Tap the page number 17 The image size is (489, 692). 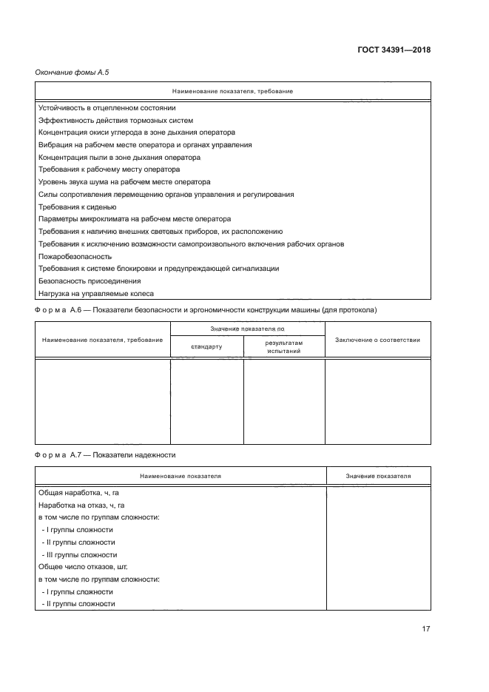[426, 629]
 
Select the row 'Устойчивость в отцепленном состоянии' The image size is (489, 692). [107, 107]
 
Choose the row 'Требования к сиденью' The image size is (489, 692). [77, 206]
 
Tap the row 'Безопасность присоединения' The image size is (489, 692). [89, 281]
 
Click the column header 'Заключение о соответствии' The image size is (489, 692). [377, 340]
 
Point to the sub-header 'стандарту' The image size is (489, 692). [206, 346]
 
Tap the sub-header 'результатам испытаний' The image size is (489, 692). [284, 346]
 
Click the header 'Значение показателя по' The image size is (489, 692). [247, 327]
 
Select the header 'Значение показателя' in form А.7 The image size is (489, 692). [378, 477]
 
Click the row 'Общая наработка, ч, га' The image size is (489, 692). [79, 492]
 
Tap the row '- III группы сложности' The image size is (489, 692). [79, 554]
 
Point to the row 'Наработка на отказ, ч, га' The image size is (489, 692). [81, 505]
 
